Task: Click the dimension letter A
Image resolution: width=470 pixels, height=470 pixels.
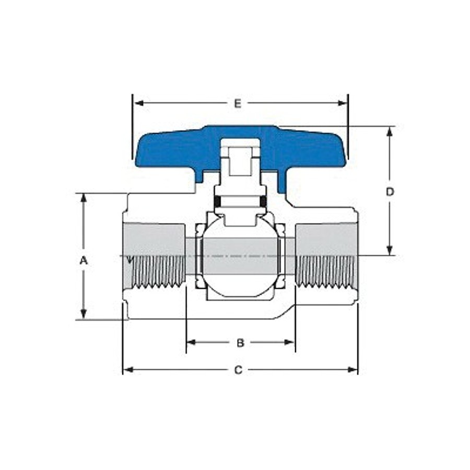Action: click(84, 260)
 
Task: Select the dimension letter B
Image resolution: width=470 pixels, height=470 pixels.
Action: click(240, 343)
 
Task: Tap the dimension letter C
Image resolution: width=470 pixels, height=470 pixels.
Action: click(238, 370)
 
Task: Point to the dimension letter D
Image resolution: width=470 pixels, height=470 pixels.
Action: click(390, 192)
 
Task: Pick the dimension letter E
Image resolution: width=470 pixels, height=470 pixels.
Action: click(238, 103)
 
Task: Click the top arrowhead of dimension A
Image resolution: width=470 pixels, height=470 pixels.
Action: click(84, 198)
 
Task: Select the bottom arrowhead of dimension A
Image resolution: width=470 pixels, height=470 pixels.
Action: click(84, 314)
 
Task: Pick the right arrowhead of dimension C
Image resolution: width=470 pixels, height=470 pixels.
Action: click(354, 370)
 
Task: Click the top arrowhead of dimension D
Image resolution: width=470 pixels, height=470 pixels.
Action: click(390, 131)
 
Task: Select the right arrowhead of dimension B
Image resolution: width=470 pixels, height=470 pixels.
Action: click(290, 343)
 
